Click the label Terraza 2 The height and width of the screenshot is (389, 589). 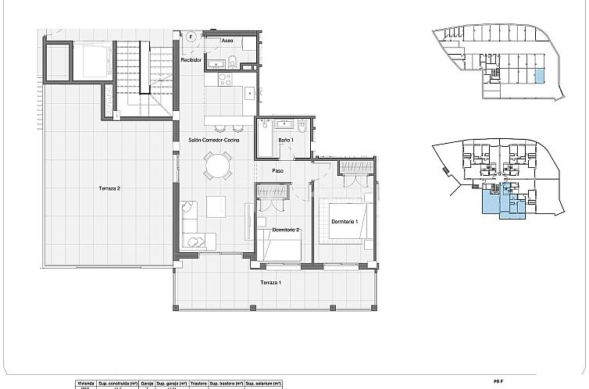[109, 188]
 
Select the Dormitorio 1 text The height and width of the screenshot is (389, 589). [344, 222]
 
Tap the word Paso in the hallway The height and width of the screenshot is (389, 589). [277, 170]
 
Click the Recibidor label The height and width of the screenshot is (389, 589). [192, 59]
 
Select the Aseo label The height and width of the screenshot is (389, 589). [227, 40]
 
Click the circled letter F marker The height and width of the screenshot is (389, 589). [191, 36]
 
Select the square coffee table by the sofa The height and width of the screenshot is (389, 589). [216, 207]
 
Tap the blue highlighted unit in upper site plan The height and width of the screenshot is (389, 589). [538, 76]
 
